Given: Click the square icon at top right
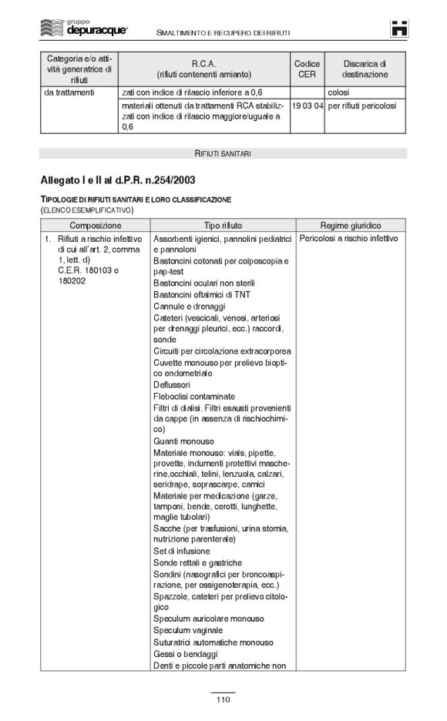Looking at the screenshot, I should [x=399, y=28].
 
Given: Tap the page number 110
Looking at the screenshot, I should [x=223, y=699].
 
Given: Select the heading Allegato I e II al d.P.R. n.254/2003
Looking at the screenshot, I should [x=117, y=179].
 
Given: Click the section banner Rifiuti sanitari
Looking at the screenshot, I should [x=223, y=153].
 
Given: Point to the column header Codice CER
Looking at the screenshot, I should [x=307, y=69].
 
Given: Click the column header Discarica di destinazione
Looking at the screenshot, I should [x=365, y=69].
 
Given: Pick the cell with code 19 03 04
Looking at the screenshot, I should [x=307, y=106].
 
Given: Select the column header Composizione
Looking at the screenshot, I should [x=95, y=226].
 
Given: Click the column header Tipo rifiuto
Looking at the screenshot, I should [x=223, y=226].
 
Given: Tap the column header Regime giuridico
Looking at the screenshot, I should [x=351, y=226].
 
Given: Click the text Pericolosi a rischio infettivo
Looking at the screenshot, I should [x=348, y=239].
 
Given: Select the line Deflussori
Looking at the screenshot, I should [x=172, y=384].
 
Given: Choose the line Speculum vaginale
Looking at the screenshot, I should [x=188, y=630].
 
